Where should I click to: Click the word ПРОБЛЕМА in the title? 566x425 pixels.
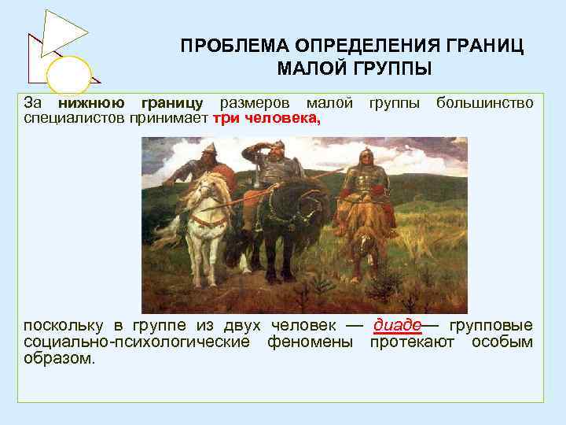pyautogui.click(x=227, y=46)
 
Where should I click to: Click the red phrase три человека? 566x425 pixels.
pyautogui.click(x=266, y=118)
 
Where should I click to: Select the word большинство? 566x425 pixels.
pyautogui.click(x=484, y=103)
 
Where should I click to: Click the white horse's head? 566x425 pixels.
pyautogui.click(x=202, y=189)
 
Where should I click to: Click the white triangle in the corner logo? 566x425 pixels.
pyautogui.click(x=64, y=32)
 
